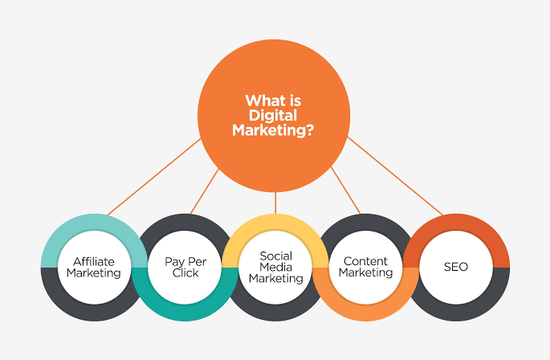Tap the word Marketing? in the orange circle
(x=274, y=130)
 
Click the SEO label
(x=455, y=267)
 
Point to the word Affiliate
(x=94, y=261)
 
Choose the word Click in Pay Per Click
(x=185, y=272)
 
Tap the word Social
(x=275, y=256)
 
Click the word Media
(x=275, y=267)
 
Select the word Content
(x=365, y=261)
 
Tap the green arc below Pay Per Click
(x=185, y=309)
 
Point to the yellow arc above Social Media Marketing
(x=275, y=224)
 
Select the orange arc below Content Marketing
(x=365, y=309)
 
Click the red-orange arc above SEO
(x=455, y=224)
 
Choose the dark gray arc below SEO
(x=455, y=310)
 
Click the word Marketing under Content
(x=365, y=272)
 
